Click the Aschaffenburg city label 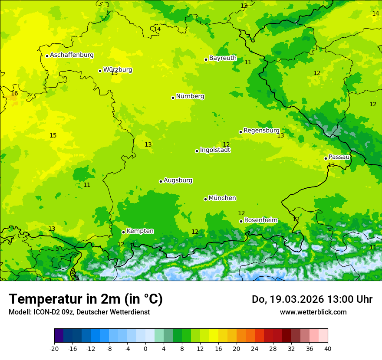point(72,55)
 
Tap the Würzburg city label point(117,69)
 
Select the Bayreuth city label point(223,58)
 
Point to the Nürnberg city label point(190,96)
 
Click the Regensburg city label point(261,130)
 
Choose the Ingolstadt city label point(215,150)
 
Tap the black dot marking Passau point(326,158)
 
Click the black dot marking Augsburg point(161,181)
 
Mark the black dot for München point(205,199)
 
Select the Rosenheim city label point(260,220)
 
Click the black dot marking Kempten point(123,232)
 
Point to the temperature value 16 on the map point(14,93)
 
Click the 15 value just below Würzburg point(114,73)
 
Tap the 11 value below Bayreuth point(248,62)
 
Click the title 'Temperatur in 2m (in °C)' point(86,299)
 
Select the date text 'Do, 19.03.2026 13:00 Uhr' point(312,299)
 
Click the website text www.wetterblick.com point(313,312)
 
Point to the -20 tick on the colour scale point(54,348)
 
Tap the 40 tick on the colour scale point(328,348)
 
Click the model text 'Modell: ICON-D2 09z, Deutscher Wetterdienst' point(79,312)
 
